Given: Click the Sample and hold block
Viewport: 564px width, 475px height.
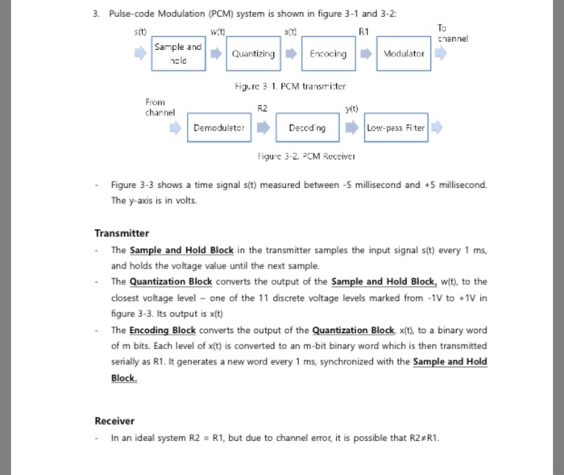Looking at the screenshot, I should tap(178, 53).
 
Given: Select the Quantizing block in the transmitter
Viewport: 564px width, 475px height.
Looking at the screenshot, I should tap(253, 54).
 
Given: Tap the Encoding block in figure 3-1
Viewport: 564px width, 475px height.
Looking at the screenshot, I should tap(327, 54).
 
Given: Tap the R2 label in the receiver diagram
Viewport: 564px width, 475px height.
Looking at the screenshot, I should tap(262, 107).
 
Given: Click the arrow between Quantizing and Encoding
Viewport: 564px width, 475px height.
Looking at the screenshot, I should tap(291, 54).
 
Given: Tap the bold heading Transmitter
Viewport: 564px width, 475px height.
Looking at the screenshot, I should tap(122, 233).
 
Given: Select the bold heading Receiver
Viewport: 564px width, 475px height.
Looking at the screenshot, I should tap(114, 421).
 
